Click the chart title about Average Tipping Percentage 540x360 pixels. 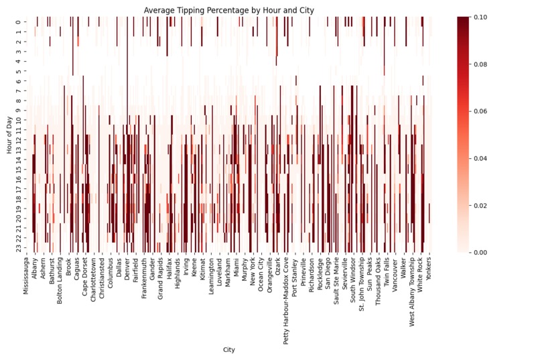pyautogui.click(x=229, y=10)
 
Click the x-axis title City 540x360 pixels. pyautogui.click(x=229, y=349)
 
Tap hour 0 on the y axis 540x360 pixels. pyautogui.click(x=19, y=22)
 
